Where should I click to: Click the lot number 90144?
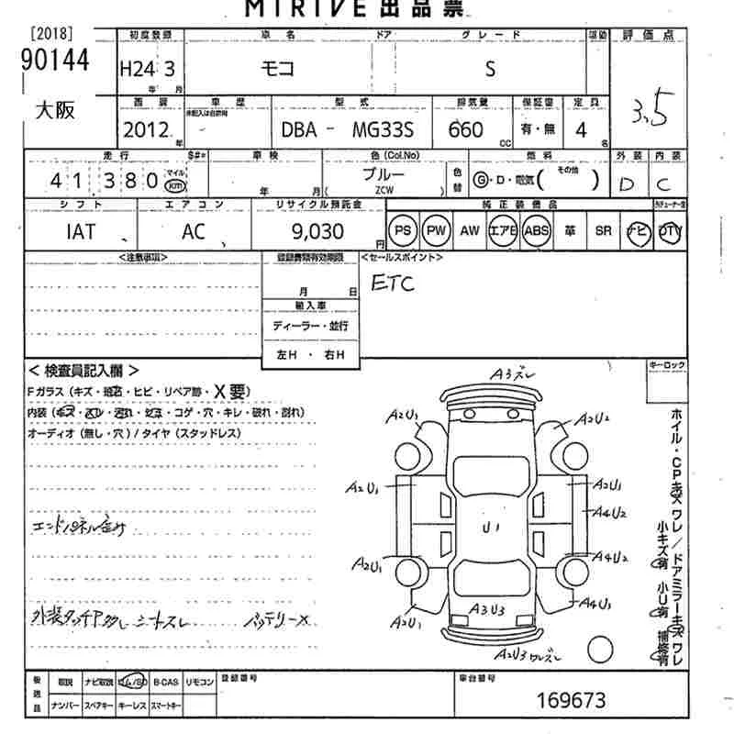pos(53,61)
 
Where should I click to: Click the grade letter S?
pos(490,70)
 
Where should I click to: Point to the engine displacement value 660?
pos(466,130)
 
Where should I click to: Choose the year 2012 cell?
pos(145,130)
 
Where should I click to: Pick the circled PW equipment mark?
pos(437,231)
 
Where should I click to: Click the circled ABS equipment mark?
pos(535,231)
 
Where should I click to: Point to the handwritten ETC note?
pos(392,284)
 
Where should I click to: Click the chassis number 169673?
pos(571,702)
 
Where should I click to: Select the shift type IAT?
pos(81,231)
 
